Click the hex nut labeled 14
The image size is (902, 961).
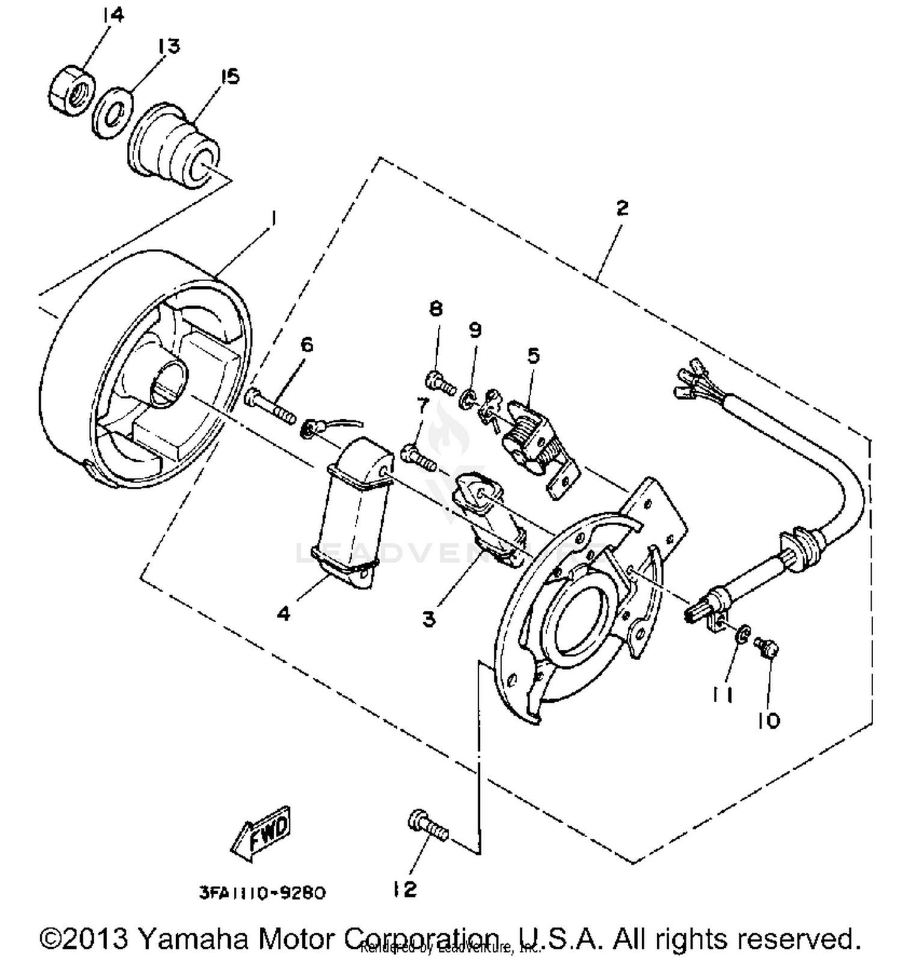coord(72,90)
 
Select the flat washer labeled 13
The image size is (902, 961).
coord(112,113)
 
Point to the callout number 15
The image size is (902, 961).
coord(229,77)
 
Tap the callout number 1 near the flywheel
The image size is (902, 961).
coord(273,218)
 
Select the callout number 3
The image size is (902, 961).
coord(428,618)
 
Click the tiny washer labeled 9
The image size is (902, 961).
coord(466,399)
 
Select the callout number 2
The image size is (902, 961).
coord(622,208)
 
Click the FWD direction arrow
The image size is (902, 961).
coord(262,833)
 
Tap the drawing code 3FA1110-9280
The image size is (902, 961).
coord(262,892)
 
